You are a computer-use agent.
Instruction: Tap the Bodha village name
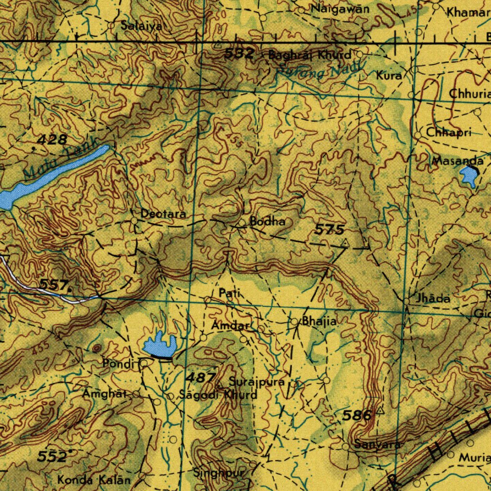(x=268, y=222)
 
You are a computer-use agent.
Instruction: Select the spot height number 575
(x=329, y=230)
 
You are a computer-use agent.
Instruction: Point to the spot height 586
(x=357, y=415)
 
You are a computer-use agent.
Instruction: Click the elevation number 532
(x=239, y=53)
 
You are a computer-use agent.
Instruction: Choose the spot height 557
(x=53, y=285)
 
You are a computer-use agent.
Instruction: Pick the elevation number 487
(x=200, y=377)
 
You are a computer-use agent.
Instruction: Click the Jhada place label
(x=433, y=298)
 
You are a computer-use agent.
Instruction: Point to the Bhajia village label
(x=319, y=321)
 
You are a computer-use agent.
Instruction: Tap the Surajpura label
(x=257, y=383)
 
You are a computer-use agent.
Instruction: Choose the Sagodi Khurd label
(x=218, y=395)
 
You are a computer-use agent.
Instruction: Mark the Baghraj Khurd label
(x=309, y=55)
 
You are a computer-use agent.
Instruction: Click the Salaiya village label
(x=141, y=26)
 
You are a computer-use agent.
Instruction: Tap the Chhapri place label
(x=449, y=133)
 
